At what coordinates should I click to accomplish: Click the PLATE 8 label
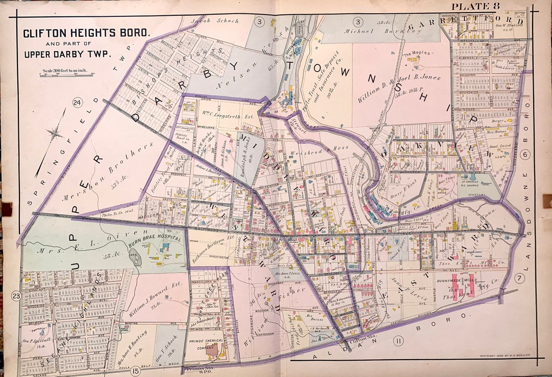coord(475,6)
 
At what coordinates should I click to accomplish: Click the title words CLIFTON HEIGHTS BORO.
coord(86,33)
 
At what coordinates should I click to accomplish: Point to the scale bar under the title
coord(66,75)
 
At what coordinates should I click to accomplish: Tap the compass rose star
coord(54,133)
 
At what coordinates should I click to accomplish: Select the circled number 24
coord(77,104)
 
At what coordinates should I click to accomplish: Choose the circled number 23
coord(16,296)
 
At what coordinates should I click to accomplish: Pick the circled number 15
coord(135,370)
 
